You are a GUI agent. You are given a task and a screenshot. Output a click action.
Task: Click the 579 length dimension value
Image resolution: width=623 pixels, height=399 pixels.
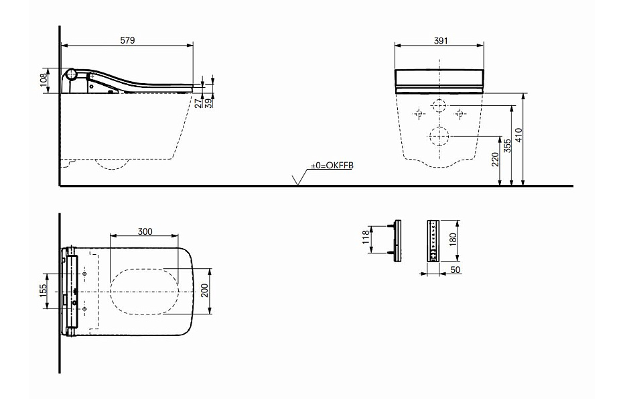point(127,40)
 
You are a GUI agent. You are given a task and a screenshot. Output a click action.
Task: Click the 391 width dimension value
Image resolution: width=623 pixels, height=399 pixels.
point(441,41)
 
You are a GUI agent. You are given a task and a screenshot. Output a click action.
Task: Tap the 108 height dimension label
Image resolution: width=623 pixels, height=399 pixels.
point(44,80)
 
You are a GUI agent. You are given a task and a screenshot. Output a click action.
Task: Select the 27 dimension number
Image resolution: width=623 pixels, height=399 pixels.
point(198,103)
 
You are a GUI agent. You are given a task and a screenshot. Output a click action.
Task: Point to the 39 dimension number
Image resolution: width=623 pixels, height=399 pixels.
point(208,103)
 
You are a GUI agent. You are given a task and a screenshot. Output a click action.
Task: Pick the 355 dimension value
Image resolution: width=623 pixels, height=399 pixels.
point(507,146)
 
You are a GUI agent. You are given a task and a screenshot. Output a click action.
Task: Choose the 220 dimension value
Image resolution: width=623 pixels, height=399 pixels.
point(495,160)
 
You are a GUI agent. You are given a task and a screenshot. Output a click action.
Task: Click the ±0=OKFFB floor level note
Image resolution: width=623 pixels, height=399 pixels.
point(332,166)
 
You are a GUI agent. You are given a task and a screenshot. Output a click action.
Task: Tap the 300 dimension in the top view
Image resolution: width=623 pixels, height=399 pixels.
point(145,231)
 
